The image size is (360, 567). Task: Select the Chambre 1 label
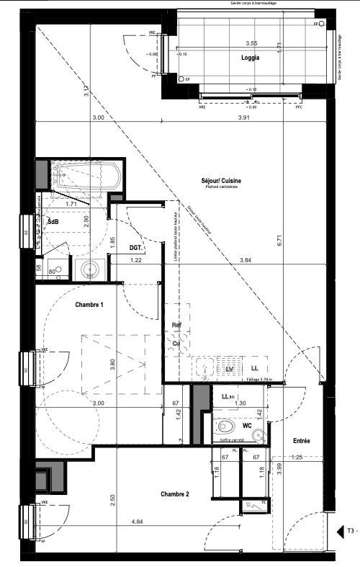(90, 305)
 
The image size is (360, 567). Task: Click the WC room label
(247, 416)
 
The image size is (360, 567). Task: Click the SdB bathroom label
(53, 223)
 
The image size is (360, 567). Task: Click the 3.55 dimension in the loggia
(251, 43)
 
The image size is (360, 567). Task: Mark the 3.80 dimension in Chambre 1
(112, 365)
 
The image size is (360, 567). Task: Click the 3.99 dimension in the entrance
(279, 467)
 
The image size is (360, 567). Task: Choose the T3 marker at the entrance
(350, 530)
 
